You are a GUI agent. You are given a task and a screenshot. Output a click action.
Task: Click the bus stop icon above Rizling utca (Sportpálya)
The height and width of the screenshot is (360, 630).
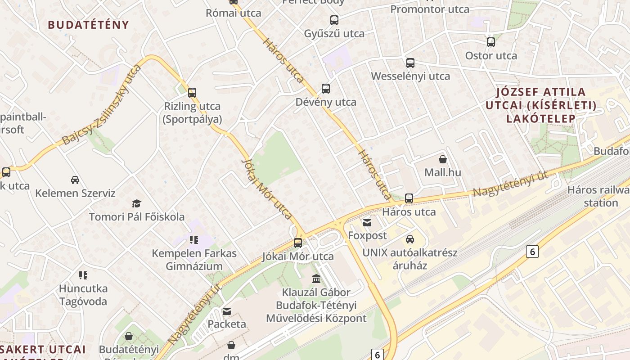tap(192, 92)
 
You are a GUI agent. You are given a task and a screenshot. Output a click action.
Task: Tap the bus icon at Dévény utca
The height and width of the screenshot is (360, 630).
tap(326, 88)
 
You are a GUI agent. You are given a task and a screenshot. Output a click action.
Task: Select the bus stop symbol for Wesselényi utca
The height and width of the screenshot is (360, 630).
tap(410, 63)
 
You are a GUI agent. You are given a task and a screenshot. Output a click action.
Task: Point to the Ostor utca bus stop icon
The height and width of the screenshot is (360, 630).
tap(491, 42)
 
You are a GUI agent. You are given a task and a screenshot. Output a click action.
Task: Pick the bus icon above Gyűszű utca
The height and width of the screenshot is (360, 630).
tap(334, 20)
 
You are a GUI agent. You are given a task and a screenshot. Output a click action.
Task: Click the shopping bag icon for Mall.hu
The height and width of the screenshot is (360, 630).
tap(443, 159)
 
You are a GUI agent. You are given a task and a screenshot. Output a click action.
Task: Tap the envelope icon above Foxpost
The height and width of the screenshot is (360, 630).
tap(367, 222)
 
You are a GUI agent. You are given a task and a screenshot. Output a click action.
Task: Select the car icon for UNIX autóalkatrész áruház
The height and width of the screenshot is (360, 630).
tap(409, 239)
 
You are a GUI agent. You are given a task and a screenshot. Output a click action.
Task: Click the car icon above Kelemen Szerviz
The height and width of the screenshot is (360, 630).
tap(75, 180)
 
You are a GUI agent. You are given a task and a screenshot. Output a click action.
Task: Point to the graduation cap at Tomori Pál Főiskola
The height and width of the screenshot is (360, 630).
tap(136, 204)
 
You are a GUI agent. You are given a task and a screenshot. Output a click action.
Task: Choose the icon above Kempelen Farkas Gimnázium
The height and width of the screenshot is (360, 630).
tap(194, 239)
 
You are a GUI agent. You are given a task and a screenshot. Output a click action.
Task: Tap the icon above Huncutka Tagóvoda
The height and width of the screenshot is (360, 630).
tap(83, 274)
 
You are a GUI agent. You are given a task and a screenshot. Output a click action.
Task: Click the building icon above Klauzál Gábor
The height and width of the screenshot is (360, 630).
tap(316, 279)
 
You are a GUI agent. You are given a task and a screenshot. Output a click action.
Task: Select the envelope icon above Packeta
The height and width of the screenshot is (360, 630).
tap(227, 311)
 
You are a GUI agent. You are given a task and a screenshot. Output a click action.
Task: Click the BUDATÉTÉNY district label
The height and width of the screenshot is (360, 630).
tap(89, 25)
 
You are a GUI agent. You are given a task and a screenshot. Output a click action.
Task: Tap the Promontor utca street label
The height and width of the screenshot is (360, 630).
tap(430, 9)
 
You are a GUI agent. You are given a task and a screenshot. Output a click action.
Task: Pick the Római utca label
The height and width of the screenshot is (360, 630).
tap(234, 13)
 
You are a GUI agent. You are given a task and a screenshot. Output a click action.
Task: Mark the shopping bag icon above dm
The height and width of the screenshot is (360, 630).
tap(231, 345)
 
